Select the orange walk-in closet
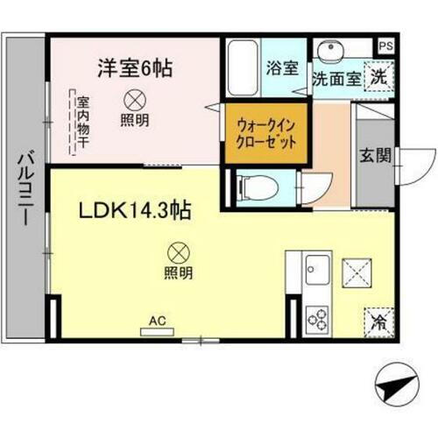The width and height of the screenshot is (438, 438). [265, 133]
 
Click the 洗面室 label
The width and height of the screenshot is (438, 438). [336, 78]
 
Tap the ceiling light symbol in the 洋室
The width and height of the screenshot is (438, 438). [137, 99]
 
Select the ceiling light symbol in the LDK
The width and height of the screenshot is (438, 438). [176, 253]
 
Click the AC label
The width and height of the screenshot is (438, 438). [159, 321]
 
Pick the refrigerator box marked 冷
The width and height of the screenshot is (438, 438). [378, 321]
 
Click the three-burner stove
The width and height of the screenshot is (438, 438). [317, 316]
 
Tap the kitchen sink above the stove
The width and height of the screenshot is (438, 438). [316, 266]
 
